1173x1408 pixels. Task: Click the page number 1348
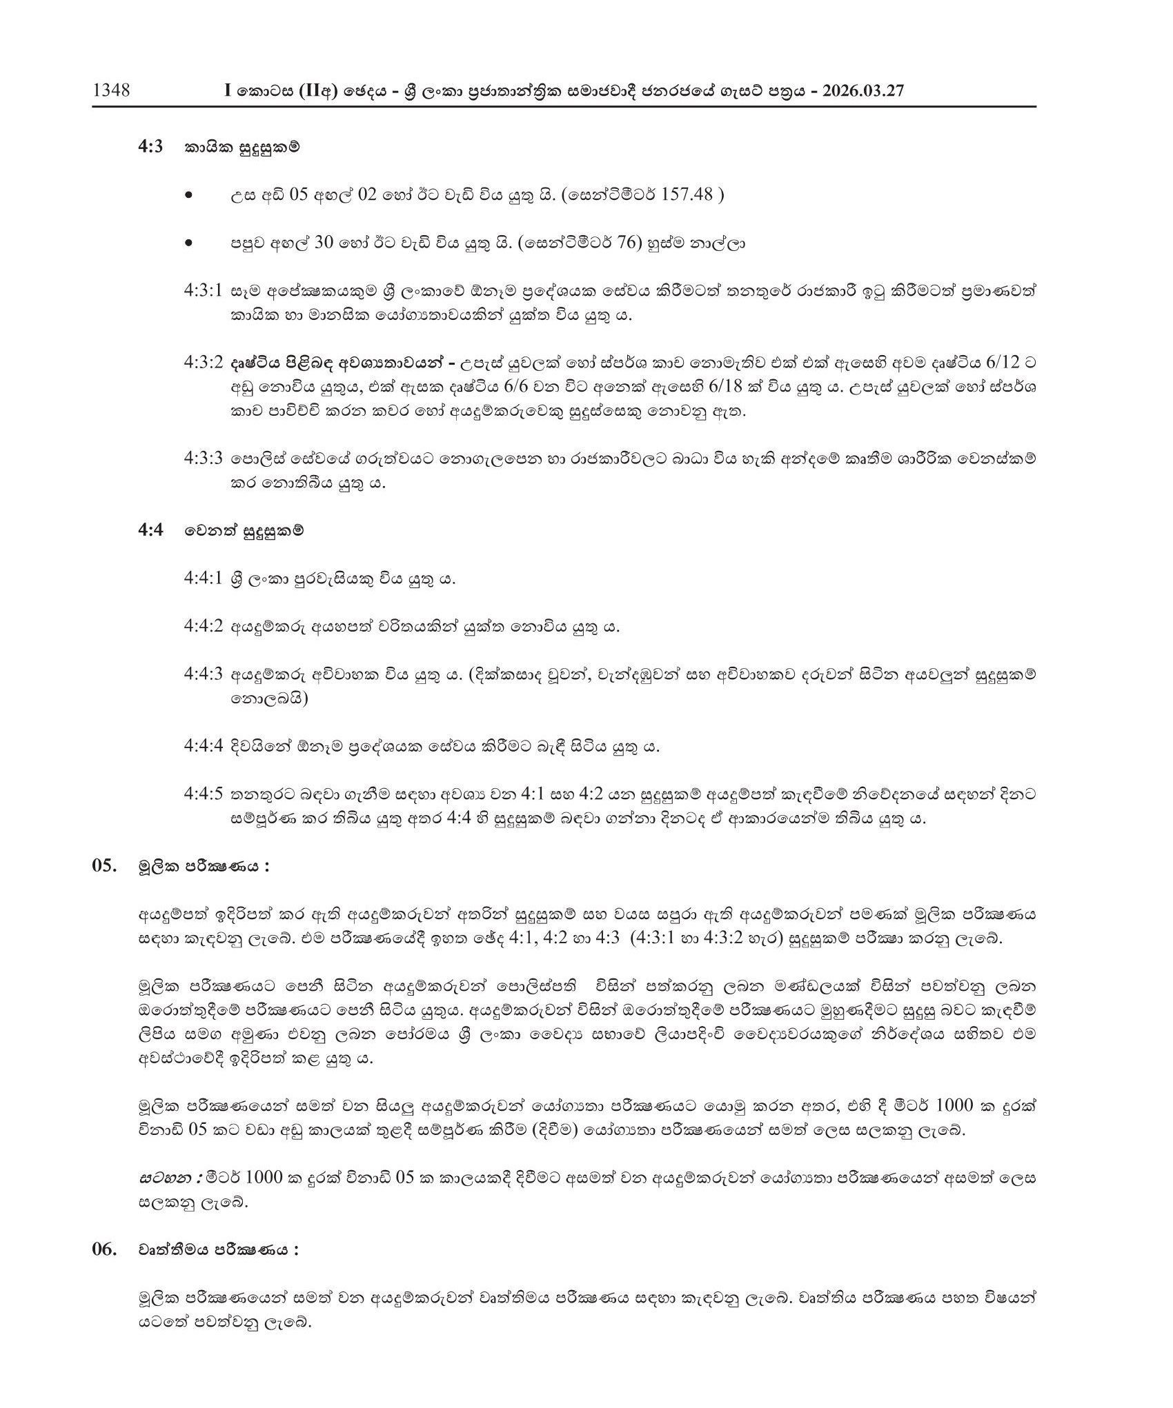pos(111,90)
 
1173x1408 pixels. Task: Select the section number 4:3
pos(150,148)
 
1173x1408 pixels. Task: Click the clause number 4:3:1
pos(203,291)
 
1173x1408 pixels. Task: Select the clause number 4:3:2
pos(203,363)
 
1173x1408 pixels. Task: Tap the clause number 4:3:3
pos(203,459)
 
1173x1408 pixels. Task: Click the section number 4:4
pos(150,531)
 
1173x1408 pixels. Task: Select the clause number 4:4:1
pos(203,579)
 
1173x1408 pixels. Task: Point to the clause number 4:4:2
pos(203,627)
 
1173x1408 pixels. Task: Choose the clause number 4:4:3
pos(203,675)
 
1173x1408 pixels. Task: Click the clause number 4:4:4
pos(203,747)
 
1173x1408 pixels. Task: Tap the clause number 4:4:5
pos(203,794)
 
